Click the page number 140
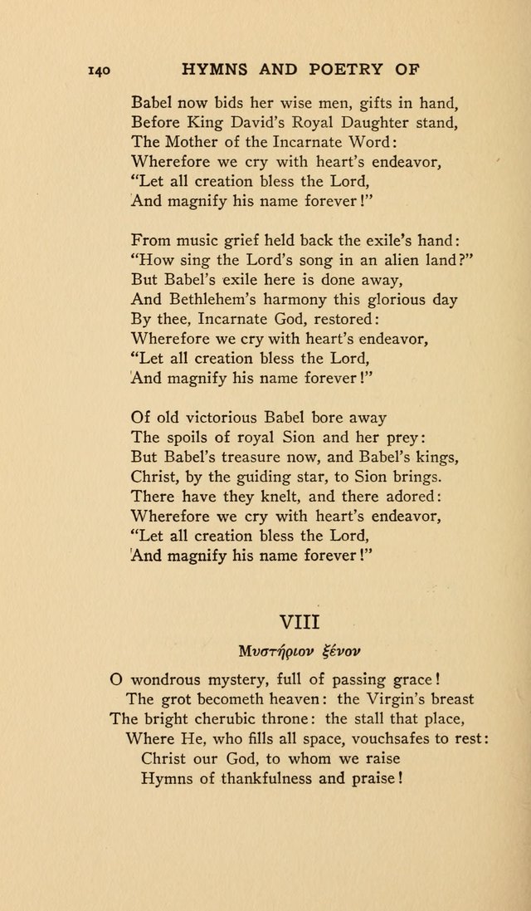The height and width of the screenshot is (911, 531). coord(100,71)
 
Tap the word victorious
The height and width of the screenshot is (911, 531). coord(219,418)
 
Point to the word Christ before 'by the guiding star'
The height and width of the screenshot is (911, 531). coord(153,478)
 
